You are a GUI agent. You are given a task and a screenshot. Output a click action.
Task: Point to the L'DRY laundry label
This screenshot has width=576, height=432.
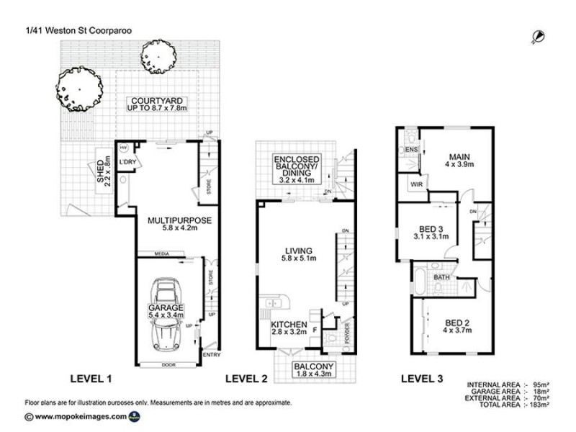pos(128,163)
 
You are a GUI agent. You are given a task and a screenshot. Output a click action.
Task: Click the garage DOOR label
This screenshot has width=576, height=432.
pos(168,364)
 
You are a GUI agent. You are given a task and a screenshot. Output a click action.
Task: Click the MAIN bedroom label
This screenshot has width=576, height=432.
pos(455,157)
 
